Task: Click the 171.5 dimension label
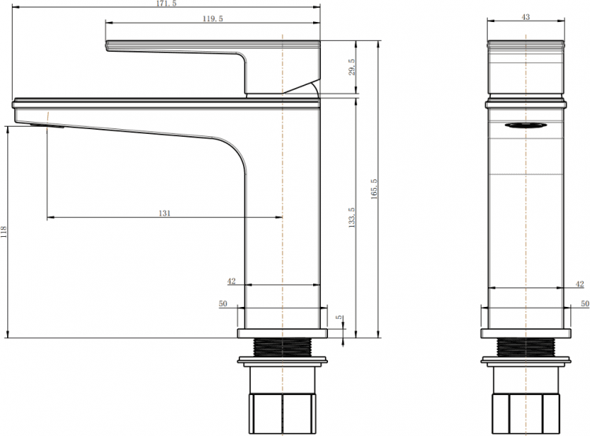166,4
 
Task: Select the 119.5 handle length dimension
212,18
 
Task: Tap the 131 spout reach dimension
164,213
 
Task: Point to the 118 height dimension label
4,231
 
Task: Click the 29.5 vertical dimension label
352,67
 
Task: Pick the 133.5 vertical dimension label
352,217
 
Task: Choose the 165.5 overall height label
374,189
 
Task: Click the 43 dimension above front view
526,17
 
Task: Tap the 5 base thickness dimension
340,317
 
